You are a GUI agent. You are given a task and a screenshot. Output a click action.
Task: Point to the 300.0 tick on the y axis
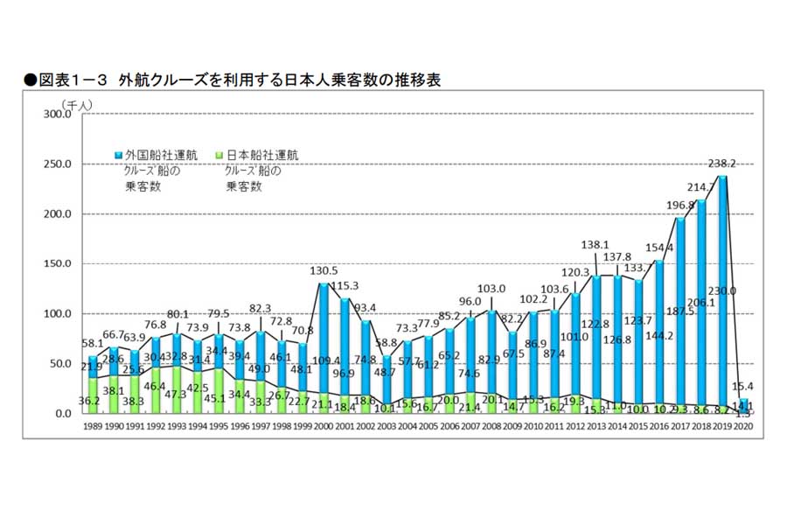pyautogui.click(x=60, y=114)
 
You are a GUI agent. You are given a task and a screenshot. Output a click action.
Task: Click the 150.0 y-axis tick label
pyautogui.click(x=60, y=263)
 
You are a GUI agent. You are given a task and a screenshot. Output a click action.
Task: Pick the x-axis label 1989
pyautogui.click(x=93, y=426)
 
